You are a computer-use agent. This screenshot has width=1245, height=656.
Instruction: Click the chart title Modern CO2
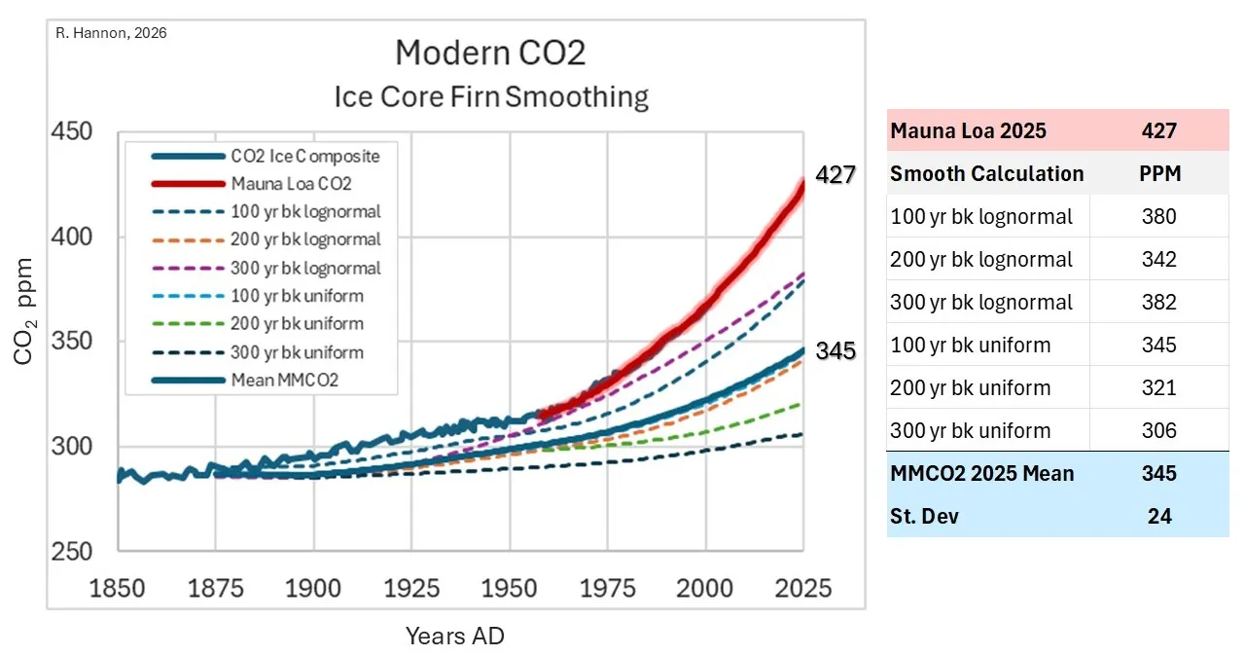tap(490, 53)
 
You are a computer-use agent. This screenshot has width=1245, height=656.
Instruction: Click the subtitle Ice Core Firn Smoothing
tap(490, 97)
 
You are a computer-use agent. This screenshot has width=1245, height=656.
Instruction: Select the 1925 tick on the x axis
tap(411, 589)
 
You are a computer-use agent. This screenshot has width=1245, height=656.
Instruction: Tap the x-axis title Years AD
tap(455, 637)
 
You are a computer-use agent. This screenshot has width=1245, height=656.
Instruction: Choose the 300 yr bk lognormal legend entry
tap(305, 268)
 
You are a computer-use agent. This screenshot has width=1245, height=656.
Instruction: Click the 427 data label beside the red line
tap(835, 175)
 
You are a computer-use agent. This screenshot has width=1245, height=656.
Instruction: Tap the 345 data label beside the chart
tap(835, 350)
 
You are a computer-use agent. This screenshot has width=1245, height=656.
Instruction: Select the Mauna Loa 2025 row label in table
tap(968, 130)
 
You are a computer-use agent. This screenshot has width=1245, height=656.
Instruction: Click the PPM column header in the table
tap(1158, 173)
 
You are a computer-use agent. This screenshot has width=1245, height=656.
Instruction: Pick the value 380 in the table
tap(1158, 216)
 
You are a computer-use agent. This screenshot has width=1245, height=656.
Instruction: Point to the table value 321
tap(1158, 387)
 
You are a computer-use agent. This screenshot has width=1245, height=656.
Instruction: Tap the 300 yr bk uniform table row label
tap(970, 430)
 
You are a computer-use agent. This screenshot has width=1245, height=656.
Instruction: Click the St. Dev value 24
tap(1158, 516)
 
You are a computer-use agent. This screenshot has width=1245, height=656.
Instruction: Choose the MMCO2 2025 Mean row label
tap(981, 473)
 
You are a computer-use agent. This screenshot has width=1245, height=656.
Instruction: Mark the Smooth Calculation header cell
tap(986, 173)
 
